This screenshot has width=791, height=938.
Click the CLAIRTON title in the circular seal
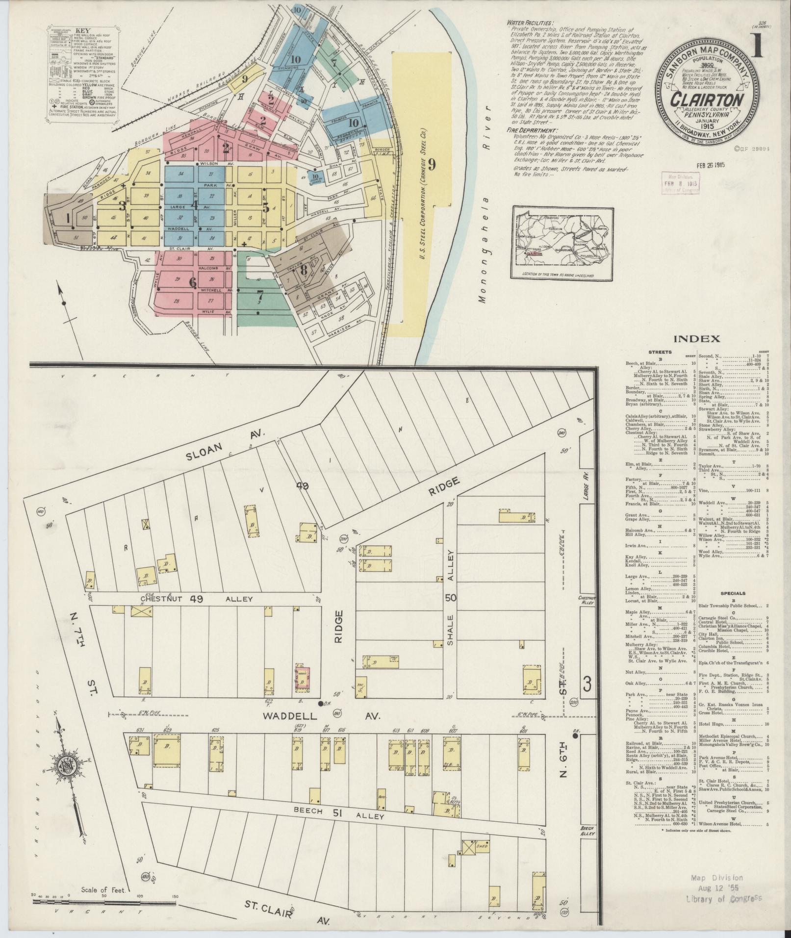[707, 98]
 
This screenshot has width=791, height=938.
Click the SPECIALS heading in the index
[734, 594]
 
